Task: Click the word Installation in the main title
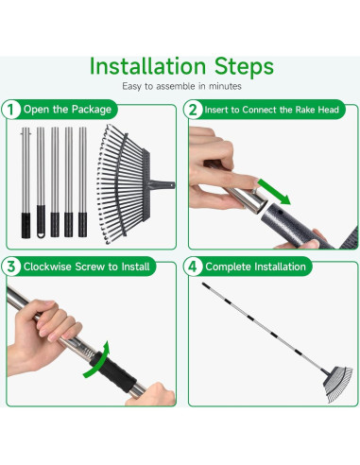tap(147, 66)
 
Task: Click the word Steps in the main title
tap(244, 67)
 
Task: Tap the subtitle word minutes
tap(225, 86)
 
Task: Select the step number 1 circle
tap(11, 110)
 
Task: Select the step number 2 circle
tap(193, 110)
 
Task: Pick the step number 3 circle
tap(11, 267)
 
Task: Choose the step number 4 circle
tap(193, 267)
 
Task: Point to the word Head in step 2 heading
tap(328, 110)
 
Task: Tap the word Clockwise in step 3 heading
tap(47, 267)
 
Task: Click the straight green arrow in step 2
tap(274, 192)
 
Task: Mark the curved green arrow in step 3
tap(97, 360)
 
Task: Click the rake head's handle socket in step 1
tap(162, 184)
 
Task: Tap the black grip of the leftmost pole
tap(26, 225)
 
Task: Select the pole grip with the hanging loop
tap(41, 221)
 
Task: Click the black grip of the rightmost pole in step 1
tap(82, 225)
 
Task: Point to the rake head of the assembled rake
tap(337, 385)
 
